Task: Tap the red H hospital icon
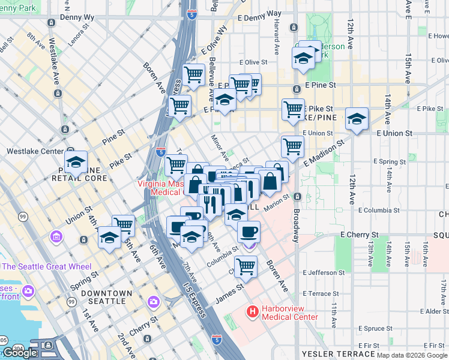pos(252,312)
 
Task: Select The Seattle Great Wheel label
pos(47,266)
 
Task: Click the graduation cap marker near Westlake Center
pos(76,163)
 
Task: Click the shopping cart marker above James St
pos(246,266)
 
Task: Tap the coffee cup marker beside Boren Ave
pos(249,232)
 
